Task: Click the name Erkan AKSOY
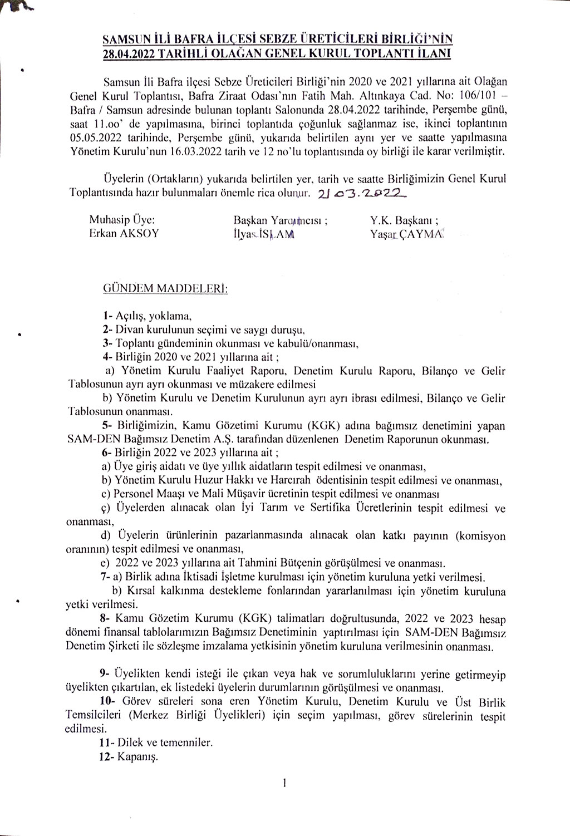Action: (124, 233)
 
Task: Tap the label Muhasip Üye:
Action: (122, 220)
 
